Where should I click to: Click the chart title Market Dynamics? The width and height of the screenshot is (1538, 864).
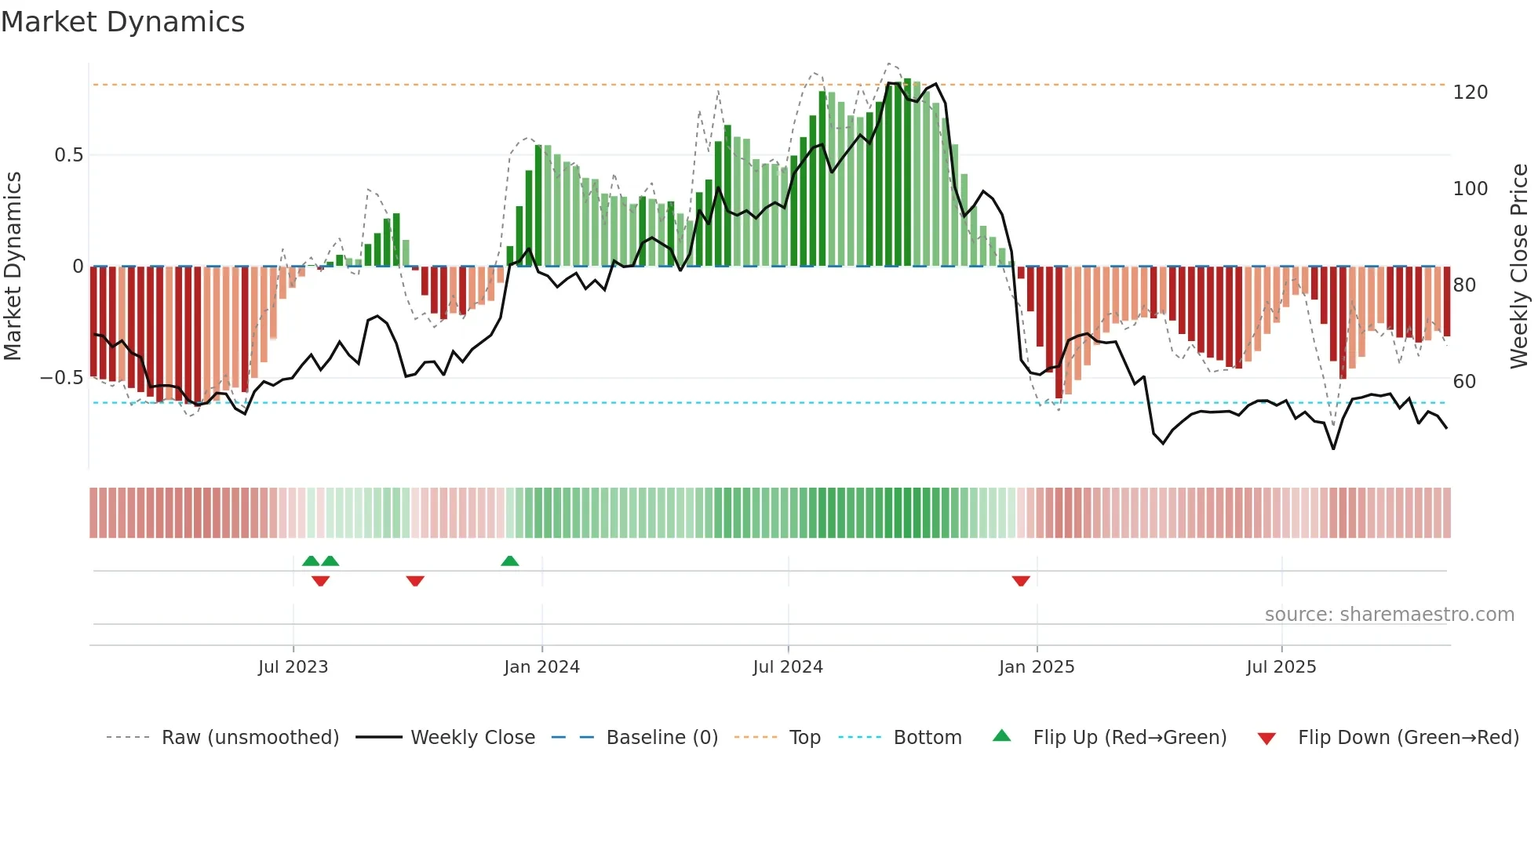[123, 22]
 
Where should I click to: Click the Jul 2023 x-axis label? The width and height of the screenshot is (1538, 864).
[293, 667]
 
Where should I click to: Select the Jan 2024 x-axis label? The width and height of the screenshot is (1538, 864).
[541, 667]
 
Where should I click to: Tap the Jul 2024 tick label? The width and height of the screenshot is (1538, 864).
[788, 667]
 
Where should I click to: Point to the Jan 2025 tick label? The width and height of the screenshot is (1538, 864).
[1037, 667]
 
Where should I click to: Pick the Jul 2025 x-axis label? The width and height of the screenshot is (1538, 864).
[1281, 667]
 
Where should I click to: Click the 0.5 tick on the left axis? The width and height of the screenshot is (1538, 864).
[69, 155]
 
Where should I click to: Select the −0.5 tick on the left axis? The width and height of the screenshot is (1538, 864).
[62, 378]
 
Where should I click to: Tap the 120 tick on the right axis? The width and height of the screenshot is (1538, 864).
[1470, 93]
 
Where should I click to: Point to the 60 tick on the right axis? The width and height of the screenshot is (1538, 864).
[1464, 382]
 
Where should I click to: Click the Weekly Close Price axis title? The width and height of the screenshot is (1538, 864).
[1519, 267]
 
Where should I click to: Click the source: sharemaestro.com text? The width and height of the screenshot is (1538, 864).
[1389, 615]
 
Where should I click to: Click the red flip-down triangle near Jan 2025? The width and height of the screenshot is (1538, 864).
[1021, 581]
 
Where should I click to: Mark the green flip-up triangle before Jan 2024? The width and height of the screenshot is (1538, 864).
[510, 561]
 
